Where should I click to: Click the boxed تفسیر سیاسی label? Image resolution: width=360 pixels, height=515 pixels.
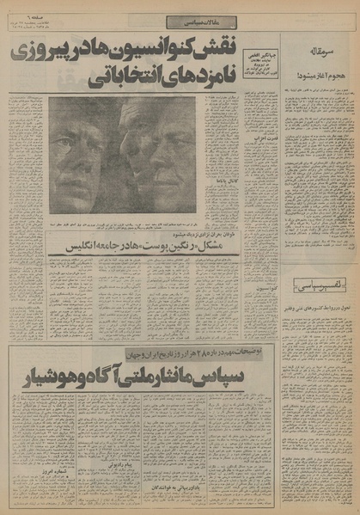(x=308, y=285)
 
